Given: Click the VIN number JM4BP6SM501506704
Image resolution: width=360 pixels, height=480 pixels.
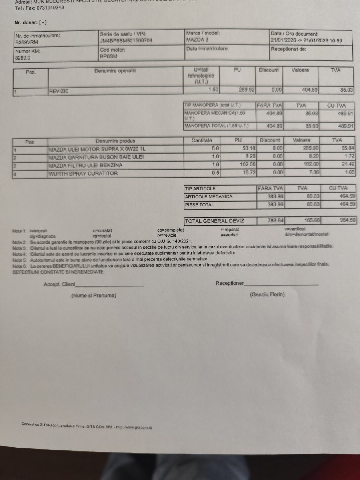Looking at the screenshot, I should pyautogui.click(x=126, y=41).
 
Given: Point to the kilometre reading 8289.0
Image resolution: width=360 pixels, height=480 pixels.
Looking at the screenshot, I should pyautogui.click(x=23, y=58).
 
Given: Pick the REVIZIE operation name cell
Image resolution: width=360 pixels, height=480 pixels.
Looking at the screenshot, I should pyautogui.click(x=59, y=91).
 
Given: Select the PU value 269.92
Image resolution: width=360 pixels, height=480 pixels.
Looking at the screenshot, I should pyautogui.click(x=246, y=90).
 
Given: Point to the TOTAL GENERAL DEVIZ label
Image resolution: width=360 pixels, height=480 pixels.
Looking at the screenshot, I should pyautogui.click(x=214, y=221).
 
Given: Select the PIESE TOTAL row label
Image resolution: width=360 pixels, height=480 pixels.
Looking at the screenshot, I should pyautogui.click(x=199, y=205).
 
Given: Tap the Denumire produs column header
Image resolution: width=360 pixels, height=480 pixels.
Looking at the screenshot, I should pyautogui.click(x=115, y=141).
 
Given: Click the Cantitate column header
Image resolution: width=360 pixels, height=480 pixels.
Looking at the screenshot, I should pyautogui.click(x=204, y=141).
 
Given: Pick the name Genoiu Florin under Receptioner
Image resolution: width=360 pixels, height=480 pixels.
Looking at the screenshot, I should pyautogui.click(x=267, y=294).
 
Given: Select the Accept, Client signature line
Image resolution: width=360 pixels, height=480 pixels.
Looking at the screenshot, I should pyautogui.click(x=110, y=285).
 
